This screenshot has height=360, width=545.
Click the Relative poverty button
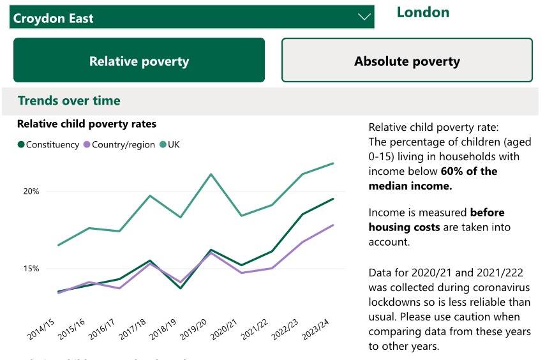139,61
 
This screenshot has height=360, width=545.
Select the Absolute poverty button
407,61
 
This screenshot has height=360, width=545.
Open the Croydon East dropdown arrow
364,17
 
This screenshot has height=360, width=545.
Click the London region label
423,12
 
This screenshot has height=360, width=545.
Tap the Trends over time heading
69,101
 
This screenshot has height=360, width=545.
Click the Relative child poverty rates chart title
87,124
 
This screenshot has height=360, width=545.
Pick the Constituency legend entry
49,145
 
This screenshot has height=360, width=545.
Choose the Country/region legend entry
119,145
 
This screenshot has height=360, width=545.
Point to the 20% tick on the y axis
32,191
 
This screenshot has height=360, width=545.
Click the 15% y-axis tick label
32,269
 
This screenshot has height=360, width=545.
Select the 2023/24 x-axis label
317,328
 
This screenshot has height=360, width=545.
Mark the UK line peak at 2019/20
211,174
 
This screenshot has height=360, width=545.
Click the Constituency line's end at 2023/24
333,199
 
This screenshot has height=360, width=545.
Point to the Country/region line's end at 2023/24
333,225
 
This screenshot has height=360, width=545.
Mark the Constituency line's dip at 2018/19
181,288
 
